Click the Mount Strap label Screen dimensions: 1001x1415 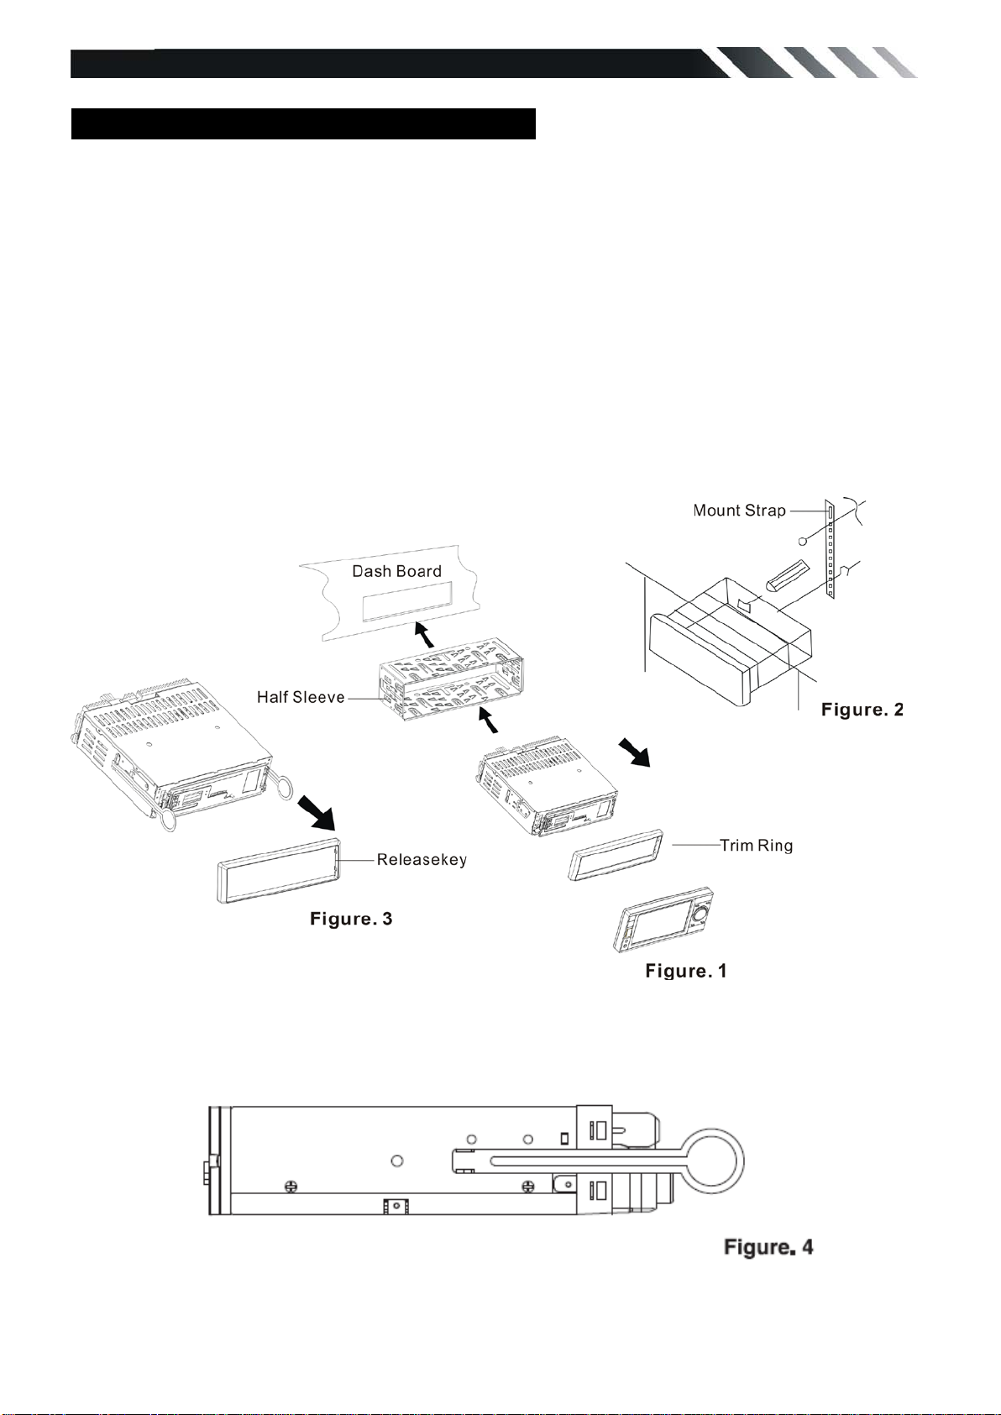739,511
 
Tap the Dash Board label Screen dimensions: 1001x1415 396,571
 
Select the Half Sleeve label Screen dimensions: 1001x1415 301,697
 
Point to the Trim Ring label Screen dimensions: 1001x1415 756,845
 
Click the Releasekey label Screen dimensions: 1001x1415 422,860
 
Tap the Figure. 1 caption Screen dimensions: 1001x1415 686,971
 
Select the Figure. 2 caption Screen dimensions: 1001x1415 862,710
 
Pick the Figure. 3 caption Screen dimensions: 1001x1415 351,919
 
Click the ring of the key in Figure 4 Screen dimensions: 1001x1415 742,1161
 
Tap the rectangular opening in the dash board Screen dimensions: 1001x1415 407,600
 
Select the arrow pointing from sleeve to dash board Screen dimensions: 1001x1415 424,634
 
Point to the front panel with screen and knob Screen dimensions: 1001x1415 663,919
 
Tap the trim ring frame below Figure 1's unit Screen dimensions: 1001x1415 616,855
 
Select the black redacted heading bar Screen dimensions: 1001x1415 303,123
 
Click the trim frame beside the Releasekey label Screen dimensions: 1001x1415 279,871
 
